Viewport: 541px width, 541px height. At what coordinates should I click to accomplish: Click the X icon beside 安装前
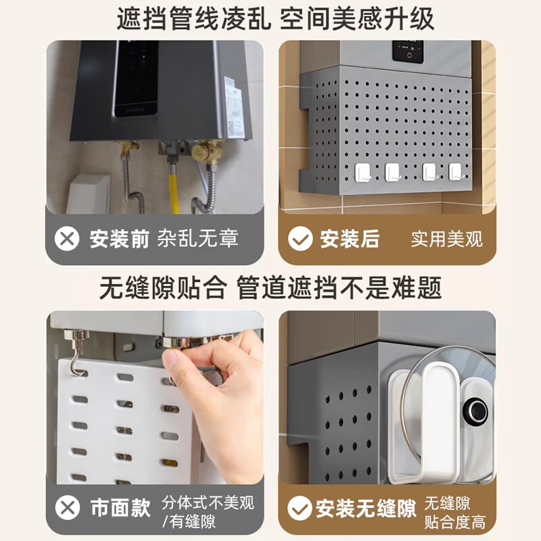click(67, 239)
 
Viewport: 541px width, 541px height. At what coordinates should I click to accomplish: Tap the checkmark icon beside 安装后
click(299, 239)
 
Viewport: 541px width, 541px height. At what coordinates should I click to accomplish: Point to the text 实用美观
click(446, 239)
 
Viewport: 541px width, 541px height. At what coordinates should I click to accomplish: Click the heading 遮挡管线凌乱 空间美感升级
click(270, 18)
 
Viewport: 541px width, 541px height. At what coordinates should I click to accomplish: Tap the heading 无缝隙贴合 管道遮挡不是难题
click(270, 288)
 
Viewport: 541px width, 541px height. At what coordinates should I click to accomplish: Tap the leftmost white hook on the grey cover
click(360, 172)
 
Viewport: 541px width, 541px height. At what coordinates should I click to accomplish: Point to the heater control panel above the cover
click(410, 53)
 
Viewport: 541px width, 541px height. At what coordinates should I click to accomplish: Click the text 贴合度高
click(454, 523)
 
